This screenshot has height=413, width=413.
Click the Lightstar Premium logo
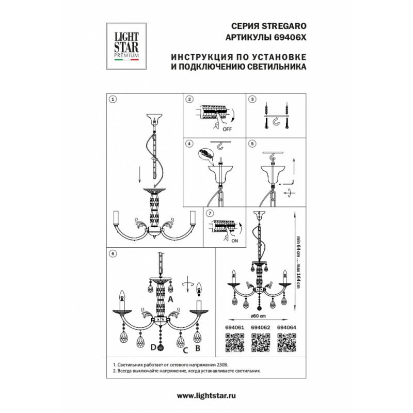coord(126,46)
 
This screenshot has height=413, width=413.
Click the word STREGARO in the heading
coord(283,26)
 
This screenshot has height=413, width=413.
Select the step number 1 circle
coord(113,99)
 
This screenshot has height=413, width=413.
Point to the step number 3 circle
coord(252,99)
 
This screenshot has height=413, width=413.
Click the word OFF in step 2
coord(227,130)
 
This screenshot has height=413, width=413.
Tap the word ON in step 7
coord(234,241)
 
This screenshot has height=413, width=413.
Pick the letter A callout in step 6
coord(170,299)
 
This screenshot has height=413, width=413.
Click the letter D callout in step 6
coord(153,347)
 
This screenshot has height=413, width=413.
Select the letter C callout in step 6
coord(185,351)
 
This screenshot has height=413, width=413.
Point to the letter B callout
coord(198,348)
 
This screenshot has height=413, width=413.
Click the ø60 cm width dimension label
coord(258,316)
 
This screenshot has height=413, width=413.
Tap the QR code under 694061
coord(235,343)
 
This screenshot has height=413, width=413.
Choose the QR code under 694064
coord(287,343)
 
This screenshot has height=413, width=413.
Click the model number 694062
coord(261,328)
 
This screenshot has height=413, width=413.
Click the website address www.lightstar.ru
coord(206,395)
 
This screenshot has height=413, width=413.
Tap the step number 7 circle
coord(210,213)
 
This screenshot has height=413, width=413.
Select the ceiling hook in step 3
coord(276,122)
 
